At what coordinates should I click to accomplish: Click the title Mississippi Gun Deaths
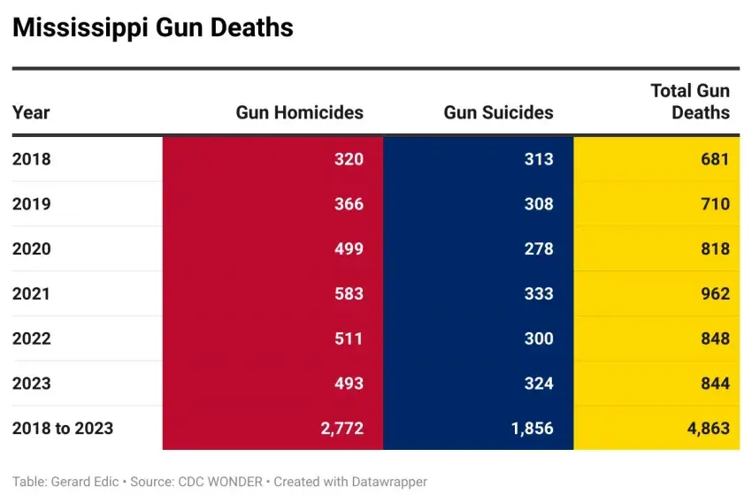(152, 27)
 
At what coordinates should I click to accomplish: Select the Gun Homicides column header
(299, 112)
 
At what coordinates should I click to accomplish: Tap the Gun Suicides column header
(498, 112)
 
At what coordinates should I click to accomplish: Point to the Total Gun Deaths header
(690, 102)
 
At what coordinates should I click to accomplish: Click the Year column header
(31, 112)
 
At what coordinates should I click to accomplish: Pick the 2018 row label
(32, 159)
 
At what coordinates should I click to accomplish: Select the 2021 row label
(32, 293)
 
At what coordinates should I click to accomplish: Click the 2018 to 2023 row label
(63, 428)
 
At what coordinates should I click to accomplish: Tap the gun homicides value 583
(349, 293)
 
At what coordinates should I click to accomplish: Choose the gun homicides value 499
(349, 248)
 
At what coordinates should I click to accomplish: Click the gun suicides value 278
(538, 248)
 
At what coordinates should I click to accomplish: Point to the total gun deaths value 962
(713, 293)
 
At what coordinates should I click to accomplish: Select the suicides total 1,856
(532, 428)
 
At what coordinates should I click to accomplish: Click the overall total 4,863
(707, 428)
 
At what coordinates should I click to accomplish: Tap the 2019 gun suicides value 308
(538, 204)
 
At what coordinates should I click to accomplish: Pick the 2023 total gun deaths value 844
(713, 383)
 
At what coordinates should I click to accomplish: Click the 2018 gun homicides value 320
(349, 159)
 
